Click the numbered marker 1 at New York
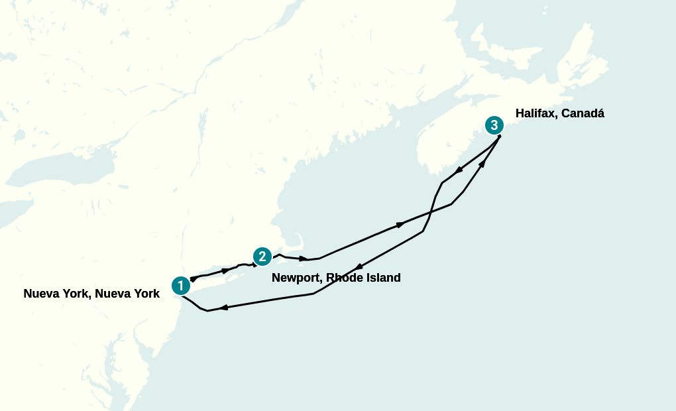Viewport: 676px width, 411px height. (180, 286)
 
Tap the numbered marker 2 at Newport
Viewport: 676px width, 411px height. (262, 256)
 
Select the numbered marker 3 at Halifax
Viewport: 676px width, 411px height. (494, 125)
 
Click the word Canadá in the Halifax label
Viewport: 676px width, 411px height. (583, 113)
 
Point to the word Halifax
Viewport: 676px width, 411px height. (536, 113)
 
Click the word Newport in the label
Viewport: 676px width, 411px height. (296, 278)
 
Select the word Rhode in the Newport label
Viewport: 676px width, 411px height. (345, 278)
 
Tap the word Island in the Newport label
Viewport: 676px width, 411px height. (383, 278)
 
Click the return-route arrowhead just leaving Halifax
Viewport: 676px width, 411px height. (459, 170)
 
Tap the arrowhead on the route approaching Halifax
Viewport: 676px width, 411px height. (482, 163)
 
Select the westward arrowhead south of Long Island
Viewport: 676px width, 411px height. (224, 308)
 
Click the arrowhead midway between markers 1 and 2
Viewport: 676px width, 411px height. (226, 270)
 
